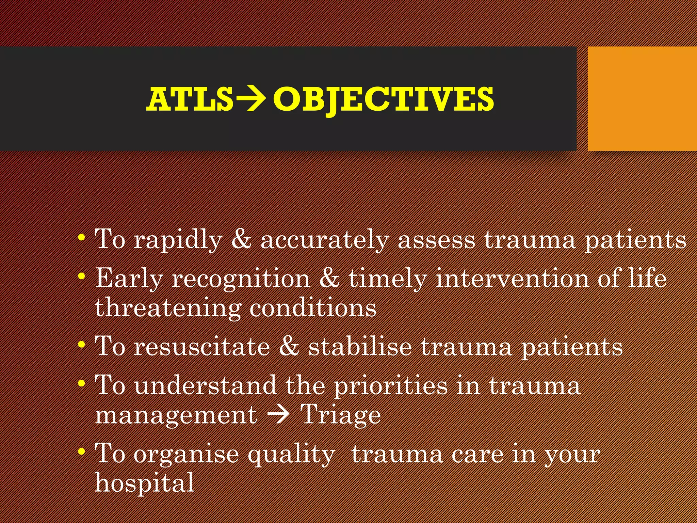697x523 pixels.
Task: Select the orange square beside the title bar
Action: [x=642, y=99]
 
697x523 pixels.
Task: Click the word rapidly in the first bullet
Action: [x=178, y=240]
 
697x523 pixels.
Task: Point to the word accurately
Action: [x=325, y=240]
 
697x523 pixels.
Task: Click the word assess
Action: [x=436, y=240]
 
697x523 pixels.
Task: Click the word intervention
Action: [x=512, y=279]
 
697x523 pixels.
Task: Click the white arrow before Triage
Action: [x=278, y=415]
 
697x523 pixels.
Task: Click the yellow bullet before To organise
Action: [x=81, y=452]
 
